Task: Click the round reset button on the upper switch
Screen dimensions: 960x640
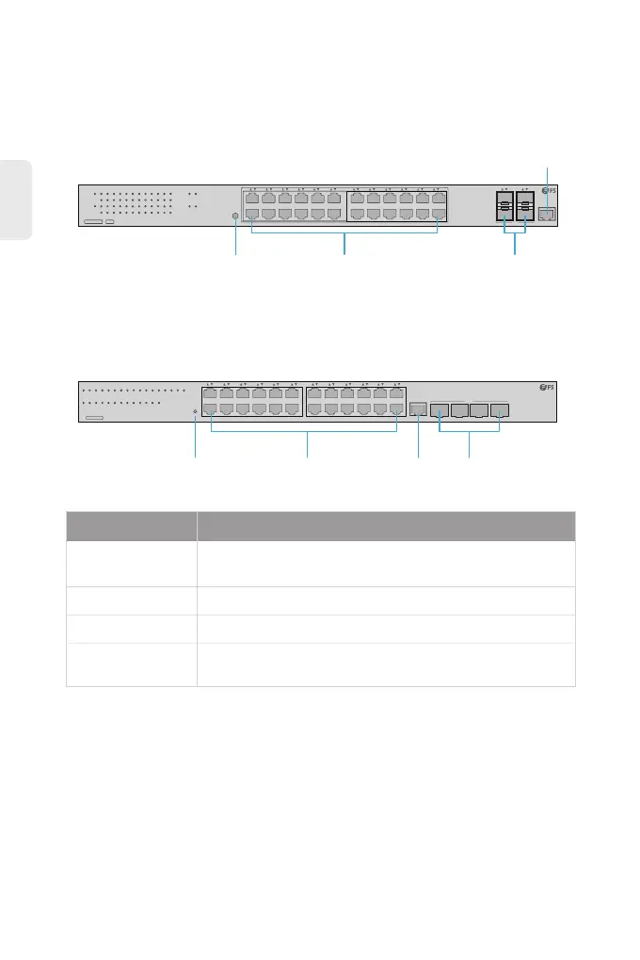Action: pyautogui.click(x=234, y=216)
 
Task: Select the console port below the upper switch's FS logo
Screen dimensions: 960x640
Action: pyautogui.click(x=547, y=215)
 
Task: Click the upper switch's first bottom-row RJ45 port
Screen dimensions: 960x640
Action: pyautogui.click(x=251, y=215)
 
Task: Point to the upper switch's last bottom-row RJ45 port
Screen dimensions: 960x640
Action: pyautogui.click(x=438, y=215)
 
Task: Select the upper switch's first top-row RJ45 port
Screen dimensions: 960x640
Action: pyautogui.click(x=251, y=198)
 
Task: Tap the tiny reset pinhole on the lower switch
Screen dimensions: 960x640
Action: pyautogui.click(x=195, y=411)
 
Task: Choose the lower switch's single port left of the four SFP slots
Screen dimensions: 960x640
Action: pyautogui.click(x=418, y=409)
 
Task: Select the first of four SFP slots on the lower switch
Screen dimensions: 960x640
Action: pyautogui.click(x=439, y=409)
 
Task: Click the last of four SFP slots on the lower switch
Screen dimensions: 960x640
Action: pyautogui.click(x=500, y=409)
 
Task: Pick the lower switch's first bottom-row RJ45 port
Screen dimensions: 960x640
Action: pyautogui.click(x=211, y=410)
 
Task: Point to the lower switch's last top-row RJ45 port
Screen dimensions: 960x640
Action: pyautogui.click(x=397, y=395)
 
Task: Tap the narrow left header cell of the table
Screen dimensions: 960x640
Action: pyautogui.click(x=131, y=526)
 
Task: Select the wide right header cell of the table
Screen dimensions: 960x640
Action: pyautogui.click(x=386, y=526)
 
